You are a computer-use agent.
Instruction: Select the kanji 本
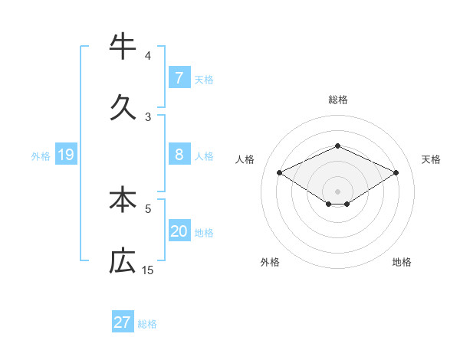point(123,198)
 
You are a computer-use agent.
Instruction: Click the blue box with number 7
point(179,77)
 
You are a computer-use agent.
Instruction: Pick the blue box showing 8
point(179,155)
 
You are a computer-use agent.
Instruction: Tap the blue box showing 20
point(179,231)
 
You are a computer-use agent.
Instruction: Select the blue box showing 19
point(65,155)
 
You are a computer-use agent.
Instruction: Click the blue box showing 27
point(123,322)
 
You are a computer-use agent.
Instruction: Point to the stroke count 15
point(148,270)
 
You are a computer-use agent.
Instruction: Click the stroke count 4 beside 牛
point(148,55)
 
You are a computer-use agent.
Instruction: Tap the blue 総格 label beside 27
point(147,324)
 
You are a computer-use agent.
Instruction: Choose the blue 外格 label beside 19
point(41,156)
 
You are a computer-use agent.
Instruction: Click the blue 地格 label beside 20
point(204,233)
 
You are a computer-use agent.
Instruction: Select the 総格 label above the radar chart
point(337,100)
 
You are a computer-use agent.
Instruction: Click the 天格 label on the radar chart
point(431,159)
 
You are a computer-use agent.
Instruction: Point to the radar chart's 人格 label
point(245,159)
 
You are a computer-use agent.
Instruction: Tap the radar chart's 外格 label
point(270,262)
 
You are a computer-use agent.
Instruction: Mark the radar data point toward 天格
point(396,172)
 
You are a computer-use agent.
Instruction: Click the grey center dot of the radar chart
point(337,191)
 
